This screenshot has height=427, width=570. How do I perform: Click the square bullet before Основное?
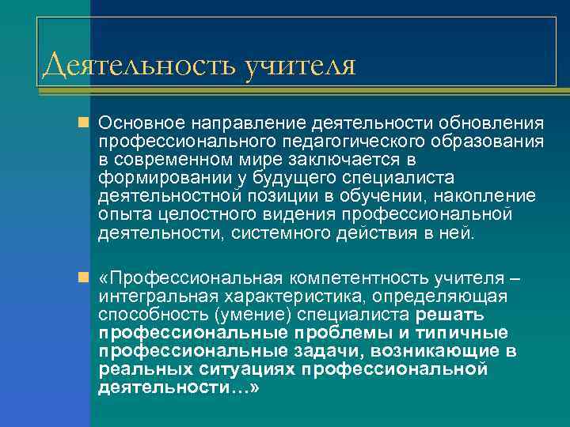84,123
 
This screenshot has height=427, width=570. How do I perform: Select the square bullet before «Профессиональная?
84,279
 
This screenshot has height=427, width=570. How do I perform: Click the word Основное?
140,124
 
